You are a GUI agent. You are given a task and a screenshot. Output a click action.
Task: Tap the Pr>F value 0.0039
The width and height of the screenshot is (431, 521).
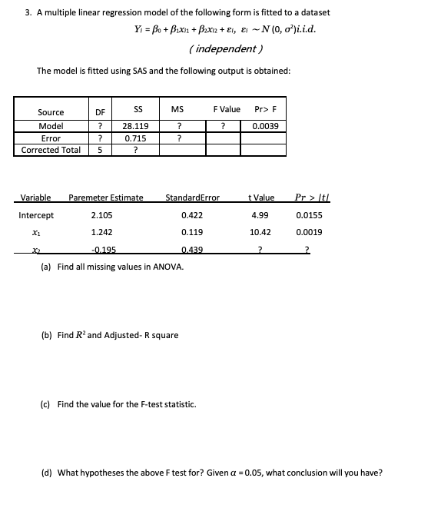[264, 126]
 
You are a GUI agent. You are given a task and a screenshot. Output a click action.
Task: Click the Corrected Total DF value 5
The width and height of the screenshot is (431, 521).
[99, 151]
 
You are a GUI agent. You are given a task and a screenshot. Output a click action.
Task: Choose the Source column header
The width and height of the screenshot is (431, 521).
[51, 113]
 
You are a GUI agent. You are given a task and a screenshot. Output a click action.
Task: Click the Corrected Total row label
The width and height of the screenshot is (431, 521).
[51, 151]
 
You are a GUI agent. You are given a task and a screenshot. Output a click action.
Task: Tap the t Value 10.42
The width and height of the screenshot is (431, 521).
[260, 232]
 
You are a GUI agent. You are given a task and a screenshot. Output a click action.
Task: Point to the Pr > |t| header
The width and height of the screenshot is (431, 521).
[308, 198]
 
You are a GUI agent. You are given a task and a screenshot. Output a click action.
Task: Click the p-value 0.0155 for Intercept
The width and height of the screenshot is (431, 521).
[308, 215]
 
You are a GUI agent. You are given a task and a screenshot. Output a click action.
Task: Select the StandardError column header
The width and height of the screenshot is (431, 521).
[192, 198]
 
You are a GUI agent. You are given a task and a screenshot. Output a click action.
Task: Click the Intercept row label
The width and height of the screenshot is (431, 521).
[36, 215]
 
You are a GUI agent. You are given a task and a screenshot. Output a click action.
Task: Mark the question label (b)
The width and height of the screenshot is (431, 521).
[45, 335]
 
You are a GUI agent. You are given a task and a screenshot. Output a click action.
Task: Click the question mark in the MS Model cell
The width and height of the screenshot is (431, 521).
[178, 126]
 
